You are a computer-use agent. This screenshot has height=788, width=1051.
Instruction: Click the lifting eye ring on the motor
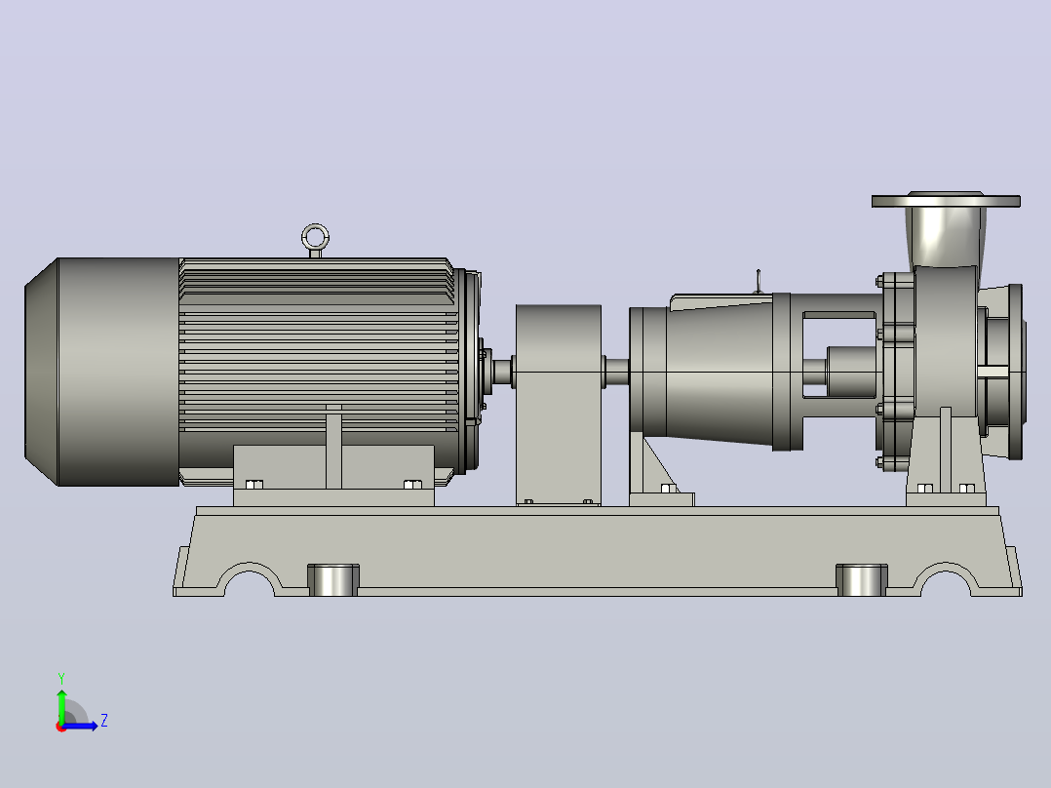315,226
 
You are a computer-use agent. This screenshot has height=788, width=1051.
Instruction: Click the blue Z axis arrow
80,726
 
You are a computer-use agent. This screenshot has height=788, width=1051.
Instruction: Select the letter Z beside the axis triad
104,721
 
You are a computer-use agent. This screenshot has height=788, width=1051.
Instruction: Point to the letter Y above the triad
61,678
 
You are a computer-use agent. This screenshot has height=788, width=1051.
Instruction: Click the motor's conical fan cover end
42,372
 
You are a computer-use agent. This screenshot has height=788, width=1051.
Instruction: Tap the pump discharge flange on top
946,201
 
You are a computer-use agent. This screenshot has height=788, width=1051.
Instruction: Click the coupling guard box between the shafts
559,405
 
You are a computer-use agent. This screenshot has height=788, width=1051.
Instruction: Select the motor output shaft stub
502,373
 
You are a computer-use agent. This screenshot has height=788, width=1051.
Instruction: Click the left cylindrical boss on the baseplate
333,580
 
